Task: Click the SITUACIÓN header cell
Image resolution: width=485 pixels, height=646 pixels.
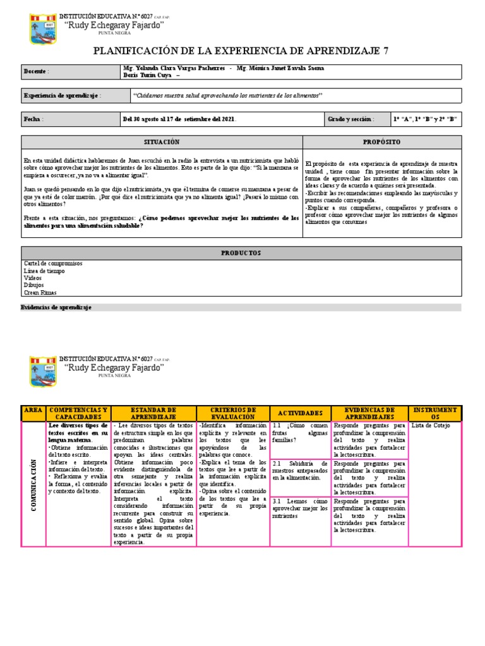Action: pos(162,142)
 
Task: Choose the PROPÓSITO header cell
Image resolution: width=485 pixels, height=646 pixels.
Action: pos(382,142)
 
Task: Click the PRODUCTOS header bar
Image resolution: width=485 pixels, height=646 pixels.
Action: pos(241,252)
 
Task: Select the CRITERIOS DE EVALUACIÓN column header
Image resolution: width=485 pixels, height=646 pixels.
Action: pos(232,413)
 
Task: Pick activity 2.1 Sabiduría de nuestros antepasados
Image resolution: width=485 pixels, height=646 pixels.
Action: pos(300,470)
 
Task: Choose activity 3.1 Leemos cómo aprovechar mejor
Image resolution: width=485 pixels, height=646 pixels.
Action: pos(300,508)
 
